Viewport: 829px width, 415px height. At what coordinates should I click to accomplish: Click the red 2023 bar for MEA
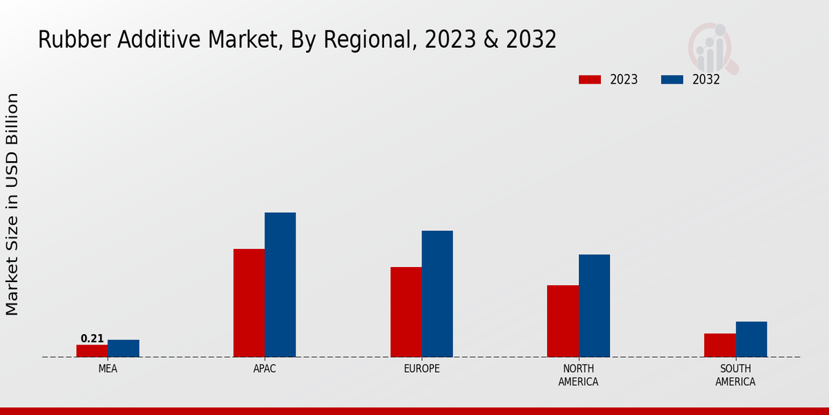coord(92,351)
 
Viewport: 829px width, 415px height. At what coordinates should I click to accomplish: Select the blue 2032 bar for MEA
coord(123,349)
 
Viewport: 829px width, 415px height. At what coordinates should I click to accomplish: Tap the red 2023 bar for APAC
coord(249,303)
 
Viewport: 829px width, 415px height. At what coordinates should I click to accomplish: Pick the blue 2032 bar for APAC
coord(280,285)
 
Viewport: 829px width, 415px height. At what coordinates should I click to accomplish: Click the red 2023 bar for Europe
coord(406,312)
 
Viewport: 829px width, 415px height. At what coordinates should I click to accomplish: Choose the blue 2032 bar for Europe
coord(437,294)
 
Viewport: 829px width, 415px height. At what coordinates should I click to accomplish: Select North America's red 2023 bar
coord(562,321)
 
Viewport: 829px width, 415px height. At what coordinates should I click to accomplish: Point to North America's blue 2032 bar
coord(594,306)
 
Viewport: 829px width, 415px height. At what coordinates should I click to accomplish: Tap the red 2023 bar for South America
coord(720,345)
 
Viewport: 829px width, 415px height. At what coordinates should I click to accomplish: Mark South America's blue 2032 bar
coord(751,339)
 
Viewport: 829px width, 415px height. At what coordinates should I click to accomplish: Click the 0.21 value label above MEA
coord(92,338)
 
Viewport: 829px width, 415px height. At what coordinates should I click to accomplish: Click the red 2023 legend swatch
coord(589,80)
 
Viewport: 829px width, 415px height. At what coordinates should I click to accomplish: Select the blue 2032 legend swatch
coord(671,80)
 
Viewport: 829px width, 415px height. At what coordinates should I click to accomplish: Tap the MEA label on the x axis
coord(108,369)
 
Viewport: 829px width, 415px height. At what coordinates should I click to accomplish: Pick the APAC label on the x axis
coord(265,369)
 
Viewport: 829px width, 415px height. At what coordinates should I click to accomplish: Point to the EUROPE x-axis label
coord(421,369)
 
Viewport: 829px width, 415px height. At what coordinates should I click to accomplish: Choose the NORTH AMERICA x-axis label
coord(578,375)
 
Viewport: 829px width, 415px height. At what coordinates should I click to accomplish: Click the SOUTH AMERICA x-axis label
coord(735,375)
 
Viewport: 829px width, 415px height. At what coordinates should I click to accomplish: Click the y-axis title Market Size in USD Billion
coord(12,204)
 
